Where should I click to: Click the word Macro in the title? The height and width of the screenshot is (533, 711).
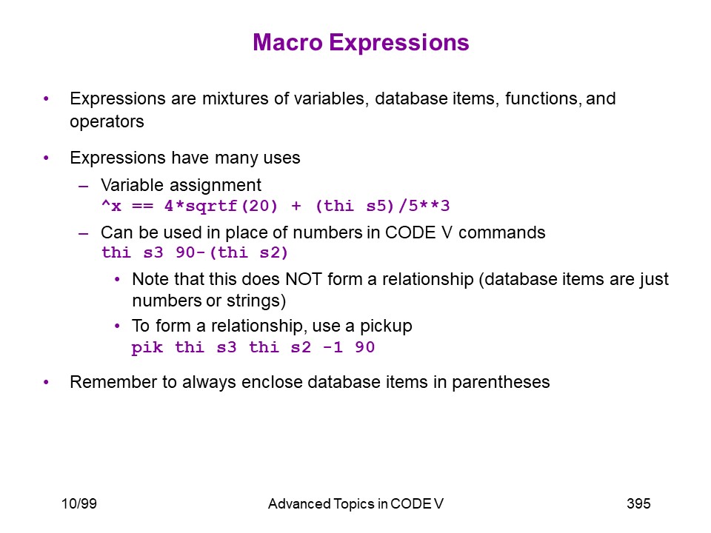click(288, 43)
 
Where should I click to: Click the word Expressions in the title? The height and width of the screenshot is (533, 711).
click(399, 44)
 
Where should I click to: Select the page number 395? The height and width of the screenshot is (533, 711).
click(638, 503)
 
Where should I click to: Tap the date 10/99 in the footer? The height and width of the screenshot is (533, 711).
click(79, 503)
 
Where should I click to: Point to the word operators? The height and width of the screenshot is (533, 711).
click(107, 122)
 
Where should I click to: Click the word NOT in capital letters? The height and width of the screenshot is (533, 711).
click(304, 279)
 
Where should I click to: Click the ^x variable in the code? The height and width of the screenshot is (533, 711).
click(112, 207)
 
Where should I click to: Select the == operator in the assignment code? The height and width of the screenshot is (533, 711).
click(143, 207)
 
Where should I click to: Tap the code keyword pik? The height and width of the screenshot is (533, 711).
click(147, 348)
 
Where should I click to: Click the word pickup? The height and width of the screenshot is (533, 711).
click(386, 326)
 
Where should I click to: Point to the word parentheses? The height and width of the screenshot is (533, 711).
click(501, 383)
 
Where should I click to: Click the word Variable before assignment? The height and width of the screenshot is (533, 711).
click(132, 185)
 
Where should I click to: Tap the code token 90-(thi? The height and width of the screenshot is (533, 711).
click(212, 252)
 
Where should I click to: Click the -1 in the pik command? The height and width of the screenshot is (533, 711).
click(333, 348)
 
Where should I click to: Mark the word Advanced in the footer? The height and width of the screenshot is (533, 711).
click(298, 504)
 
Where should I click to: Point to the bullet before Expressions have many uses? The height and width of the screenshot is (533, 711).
click(46, 158)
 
